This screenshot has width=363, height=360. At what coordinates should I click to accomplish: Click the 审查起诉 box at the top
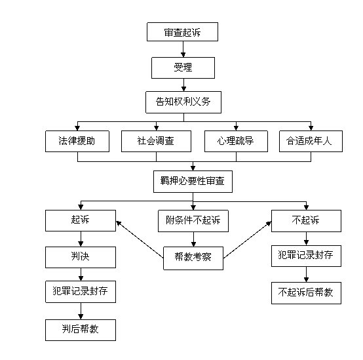pos(182,31)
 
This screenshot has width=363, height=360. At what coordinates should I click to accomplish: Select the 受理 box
pos(183,68)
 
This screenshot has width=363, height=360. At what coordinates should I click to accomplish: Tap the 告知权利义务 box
pos(183,102)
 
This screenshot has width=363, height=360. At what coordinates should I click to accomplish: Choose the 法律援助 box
pos(77,142)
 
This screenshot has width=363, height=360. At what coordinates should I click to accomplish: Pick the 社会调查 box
pos(156,142)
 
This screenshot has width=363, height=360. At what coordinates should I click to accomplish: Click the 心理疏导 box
pos(236,142)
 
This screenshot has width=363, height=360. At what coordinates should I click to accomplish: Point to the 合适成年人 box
pos(311,142)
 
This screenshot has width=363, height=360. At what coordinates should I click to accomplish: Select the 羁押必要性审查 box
pos(193,182)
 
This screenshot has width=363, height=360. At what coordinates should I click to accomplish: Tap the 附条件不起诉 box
pos(193,221)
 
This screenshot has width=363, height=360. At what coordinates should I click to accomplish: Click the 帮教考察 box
pos(193,258)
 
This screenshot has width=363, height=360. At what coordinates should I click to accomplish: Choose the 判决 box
pos(81,257)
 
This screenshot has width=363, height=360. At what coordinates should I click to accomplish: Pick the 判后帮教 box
pos(81,330)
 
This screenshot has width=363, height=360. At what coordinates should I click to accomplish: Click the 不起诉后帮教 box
pos(306,293)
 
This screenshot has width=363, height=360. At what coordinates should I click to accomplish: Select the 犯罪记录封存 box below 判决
pos(81,292)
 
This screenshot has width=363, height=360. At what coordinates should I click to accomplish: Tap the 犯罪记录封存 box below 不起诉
pos(306,256)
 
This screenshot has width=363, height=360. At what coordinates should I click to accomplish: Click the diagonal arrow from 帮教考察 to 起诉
pos(140,239)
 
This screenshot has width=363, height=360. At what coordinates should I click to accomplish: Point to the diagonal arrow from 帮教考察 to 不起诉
pos(247,240)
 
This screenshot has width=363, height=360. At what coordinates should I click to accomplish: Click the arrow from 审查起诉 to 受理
pos(183,49)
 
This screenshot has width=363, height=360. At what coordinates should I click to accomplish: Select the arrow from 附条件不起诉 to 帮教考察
pos(193,239)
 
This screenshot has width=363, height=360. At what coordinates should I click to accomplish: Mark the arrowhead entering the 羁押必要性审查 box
pos(193,168)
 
